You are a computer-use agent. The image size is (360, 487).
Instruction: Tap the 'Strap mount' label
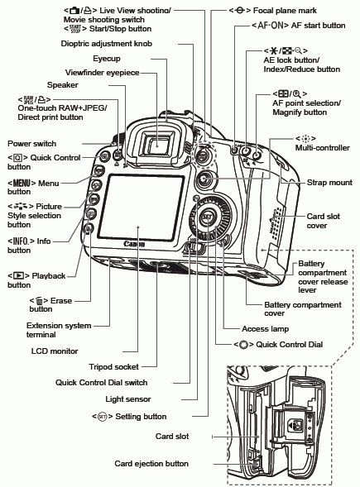[x=329, y=182]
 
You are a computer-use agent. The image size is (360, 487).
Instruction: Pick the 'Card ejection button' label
[x=151, y=464]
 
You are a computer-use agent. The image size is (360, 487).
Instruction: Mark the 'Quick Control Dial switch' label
[x=101, y=382]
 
